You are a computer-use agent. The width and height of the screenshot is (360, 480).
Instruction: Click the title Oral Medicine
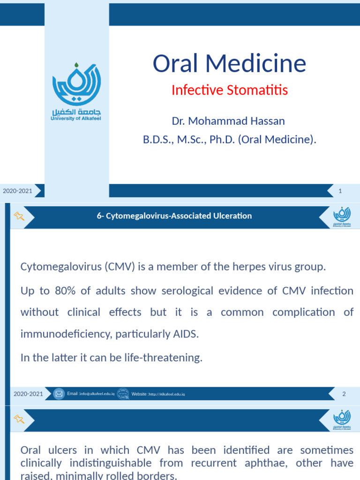point(229,64)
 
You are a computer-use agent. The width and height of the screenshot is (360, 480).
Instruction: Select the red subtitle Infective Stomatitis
point(229,90)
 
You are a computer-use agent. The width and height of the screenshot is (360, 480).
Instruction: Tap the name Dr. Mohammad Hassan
point(228,121)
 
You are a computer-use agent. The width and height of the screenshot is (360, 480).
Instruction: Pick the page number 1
point(340,190)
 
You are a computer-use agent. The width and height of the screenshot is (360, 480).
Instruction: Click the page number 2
point(344,394)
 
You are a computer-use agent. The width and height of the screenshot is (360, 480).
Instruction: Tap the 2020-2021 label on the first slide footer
point(18,191)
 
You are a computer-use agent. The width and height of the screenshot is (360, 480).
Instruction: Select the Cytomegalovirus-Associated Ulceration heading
point(174,216)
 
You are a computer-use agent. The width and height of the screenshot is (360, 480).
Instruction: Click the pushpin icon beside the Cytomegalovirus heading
point(19,216)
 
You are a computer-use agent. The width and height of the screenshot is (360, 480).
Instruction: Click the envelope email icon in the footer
point(59,394)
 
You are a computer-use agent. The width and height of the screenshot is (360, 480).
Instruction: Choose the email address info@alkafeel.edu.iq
point(97,394)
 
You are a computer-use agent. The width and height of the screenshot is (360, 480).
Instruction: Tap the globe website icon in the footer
point(123,394)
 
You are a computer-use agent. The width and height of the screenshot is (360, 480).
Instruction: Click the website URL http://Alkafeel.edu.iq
point(166,394)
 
